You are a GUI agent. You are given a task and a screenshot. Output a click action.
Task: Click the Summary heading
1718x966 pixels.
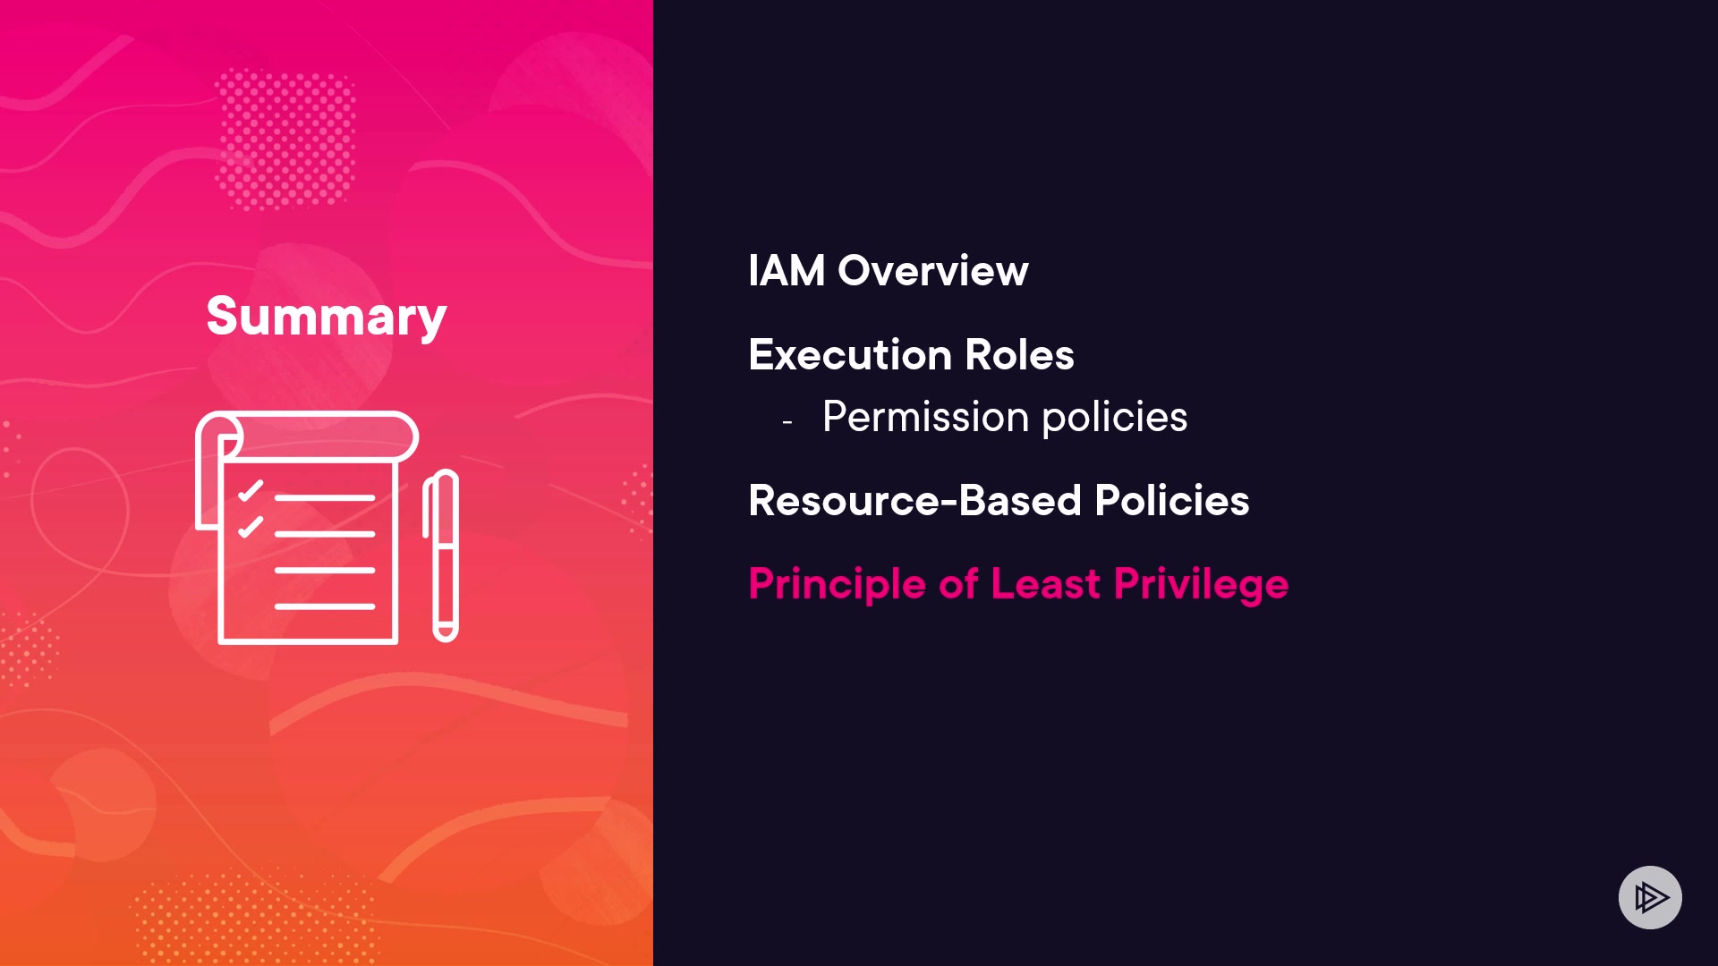tap(327, 317)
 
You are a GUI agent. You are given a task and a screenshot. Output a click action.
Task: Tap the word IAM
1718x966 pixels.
tap(787, 270)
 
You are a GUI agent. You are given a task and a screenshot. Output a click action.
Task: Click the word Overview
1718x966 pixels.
tap(933, 270)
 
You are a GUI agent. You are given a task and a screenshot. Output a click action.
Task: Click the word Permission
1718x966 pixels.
tap(926, 417)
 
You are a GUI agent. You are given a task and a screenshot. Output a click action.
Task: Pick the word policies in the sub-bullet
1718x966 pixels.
tap(1115, 417)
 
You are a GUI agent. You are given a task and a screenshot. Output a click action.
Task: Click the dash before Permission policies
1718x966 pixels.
tap(787, 421)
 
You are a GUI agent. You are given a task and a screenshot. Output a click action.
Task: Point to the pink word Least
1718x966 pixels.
tap(1046, 583)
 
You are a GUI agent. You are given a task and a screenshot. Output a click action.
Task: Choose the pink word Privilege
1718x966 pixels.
tap(1202, 584)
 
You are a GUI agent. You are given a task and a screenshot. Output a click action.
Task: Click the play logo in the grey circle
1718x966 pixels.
tap(1651, 897)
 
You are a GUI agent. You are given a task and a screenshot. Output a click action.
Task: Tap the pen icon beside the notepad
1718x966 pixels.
tap(441, 555)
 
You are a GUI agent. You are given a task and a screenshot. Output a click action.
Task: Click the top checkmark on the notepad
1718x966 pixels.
tap(251, 491)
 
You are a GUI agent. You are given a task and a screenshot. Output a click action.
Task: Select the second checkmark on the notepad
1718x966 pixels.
tap(251, 527)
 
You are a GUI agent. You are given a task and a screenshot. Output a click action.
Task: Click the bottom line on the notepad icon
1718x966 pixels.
tap(325, 606)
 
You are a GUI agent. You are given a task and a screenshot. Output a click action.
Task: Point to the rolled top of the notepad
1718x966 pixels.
tap(307, 436)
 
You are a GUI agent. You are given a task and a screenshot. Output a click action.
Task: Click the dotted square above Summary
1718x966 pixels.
tap(285, 140)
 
